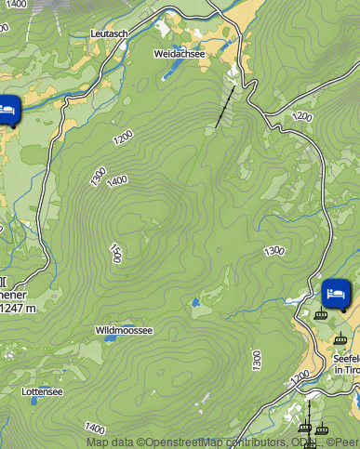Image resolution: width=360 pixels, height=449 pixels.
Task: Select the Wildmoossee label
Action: click(124, 330)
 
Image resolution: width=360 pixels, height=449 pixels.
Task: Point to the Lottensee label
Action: click(42, 391)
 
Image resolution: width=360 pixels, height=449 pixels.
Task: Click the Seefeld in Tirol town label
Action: click(346, 363)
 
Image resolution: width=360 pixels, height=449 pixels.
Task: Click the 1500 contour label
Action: click(115, 253)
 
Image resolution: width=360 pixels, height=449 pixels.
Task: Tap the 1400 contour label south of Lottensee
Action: click(96, 429)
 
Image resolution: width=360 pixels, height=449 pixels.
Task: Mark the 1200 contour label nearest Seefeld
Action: click(300, 377)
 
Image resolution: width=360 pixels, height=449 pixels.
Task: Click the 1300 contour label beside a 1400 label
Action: click(98, 177)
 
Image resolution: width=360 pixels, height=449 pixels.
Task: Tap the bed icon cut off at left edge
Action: click(7, 109)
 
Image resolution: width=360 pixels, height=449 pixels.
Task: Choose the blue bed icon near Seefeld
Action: click(336, 294)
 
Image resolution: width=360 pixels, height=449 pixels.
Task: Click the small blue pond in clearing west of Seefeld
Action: click(196, 302)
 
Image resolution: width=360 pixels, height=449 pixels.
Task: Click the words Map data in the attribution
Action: click(110, 442)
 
